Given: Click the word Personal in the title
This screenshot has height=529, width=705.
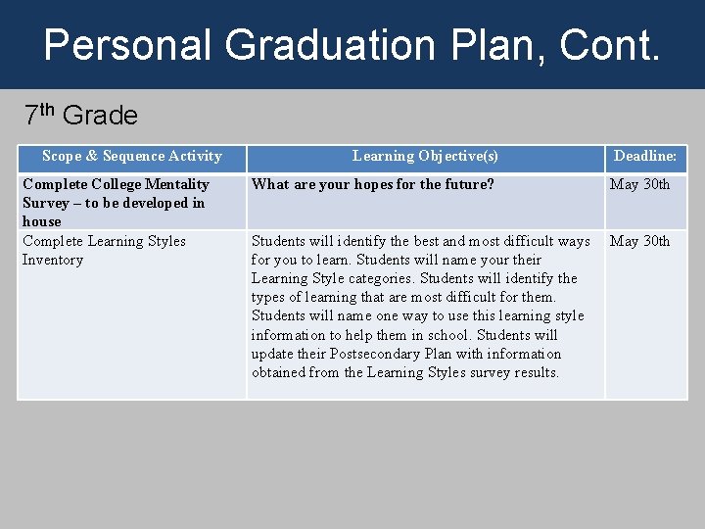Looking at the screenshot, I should coord(127,45).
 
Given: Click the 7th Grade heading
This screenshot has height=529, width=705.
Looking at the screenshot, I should coord(81,115).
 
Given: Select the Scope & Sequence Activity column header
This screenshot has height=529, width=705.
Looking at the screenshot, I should coord(131,156).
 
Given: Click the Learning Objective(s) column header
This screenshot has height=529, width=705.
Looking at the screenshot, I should coord(425,156).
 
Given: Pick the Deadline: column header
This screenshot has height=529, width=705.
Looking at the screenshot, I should coord(645,156).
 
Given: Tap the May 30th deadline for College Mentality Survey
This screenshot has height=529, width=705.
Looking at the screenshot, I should coord(639,184).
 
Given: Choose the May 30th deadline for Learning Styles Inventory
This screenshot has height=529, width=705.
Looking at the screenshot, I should coord(639,241).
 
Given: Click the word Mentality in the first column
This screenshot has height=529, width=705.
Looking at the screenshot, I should coord(176,184).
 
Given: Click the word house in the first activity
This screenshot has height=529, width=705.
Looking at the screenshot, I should coord(41,221).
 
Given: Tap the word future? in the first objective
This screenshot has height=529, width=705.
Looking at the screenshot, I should coord(467,184).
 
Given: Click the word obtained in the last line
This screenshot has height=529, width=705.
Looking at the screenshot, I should coord(280,372).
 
